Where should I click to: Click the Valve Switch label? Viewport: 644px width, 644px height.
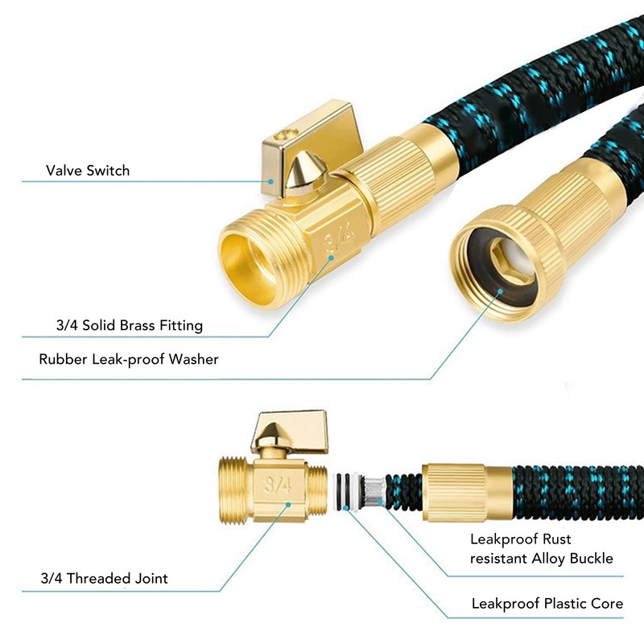pos(87,171)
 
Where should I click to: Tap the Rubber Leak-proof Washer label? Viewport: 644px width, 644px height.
pos(129,359)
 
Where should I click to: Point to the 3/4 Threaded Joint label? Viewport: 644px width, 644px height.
pos(104,578)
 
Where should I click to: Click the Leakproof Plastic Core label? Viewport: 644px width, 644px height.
pos(547,603)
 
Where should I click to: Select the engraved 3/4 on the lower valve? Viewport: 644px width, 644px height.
pos(277,485)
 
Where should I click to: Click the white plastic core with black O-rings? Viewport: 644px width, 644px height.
pos(349,489)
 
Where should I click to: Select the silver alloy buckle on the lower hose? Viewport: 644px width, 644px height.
pos(374,489)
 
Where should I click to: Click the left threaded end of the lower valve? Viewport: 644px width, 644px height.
pos(234,486)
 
